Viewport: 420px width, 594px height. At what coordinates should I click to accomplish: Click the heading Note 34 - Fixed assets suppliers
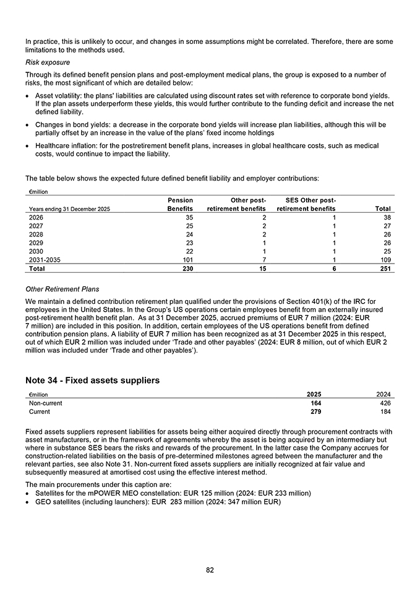92,381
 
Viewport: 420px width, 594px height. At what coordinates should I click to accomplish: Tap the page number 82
210,570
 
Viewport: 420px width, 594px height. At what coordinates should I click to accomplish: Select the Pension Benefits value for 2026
188,218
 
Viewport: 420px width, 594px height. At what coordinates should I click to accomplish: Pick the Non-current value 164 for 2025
315,403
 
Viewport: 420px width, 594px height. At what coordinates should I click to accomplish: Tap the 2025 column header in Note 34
314,394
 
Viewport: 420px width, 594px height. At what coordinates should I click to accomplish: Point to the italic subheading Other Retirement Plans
62,289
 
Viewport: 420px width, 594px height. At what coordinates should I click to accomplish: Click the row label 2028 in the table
36,235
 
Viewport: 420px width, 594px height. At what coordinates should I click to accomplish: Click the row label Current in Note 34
40,411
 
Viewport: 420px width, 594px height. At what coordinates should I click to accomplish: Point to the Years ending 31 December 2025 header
69,209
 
